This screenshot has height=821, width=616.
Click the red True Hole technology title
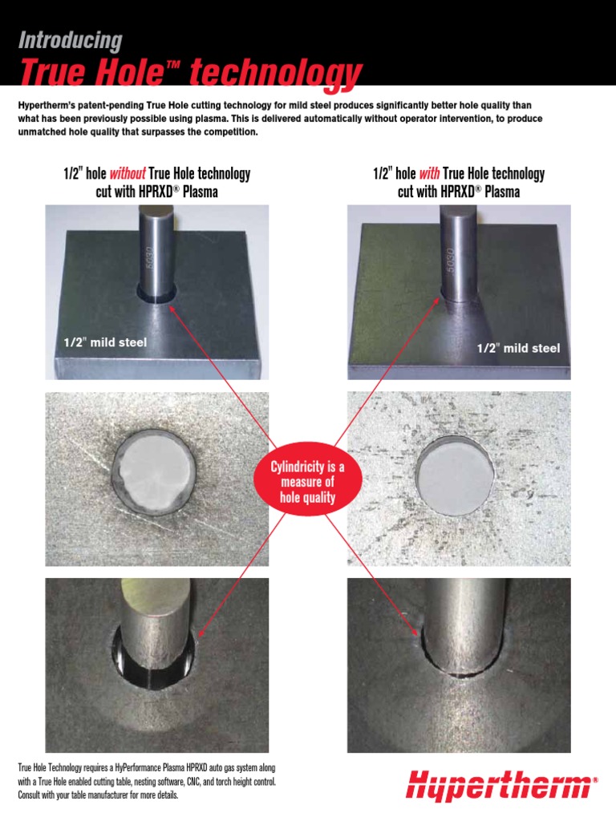pyautogui.click(x=190, y=73)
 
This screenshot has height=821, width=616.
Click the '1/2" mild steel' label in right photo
pyautogui.click(x=518, y=348)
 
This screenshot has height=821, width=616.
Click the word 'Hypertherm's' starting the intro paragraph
pyautogui.click(x=47, y=106)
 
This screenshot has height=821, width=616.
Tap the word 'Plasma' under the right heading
pyautogui.click(x=497, y=192)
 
